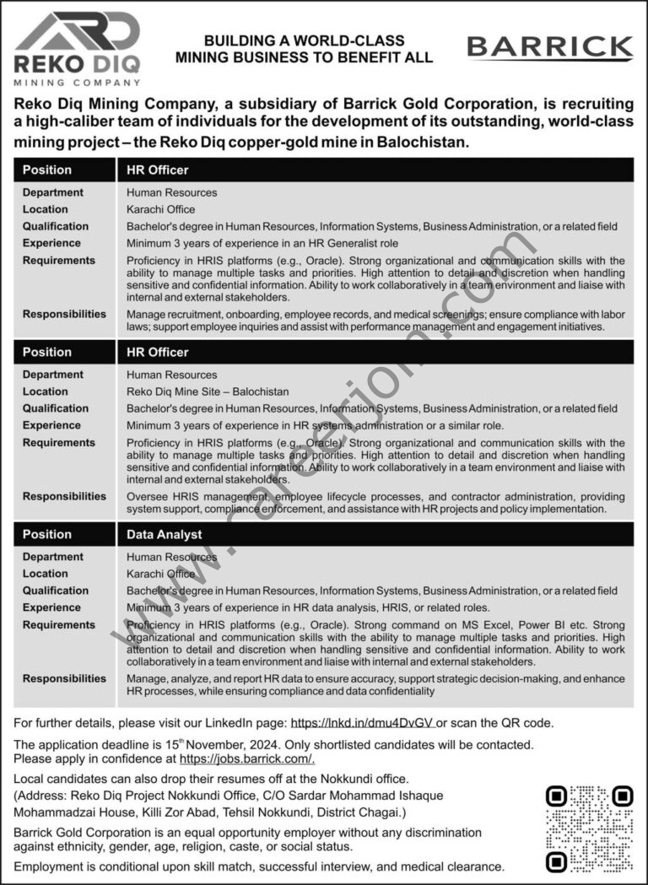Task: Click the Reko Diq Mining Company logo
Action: [x=77, y=49]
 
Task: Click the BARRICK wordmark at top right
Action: [x=550, y=48]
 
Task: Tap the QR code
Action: [x=589, y=828]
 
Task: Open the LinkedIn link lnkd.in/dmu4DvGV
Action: [x=362, y=723]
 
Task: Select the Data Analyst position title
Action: [x=165, y=534]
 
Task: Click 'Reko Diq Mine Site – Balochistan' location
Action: [x=208, y=391]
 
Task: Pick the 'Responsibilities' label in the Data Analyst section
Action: [x=64, y=678]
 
